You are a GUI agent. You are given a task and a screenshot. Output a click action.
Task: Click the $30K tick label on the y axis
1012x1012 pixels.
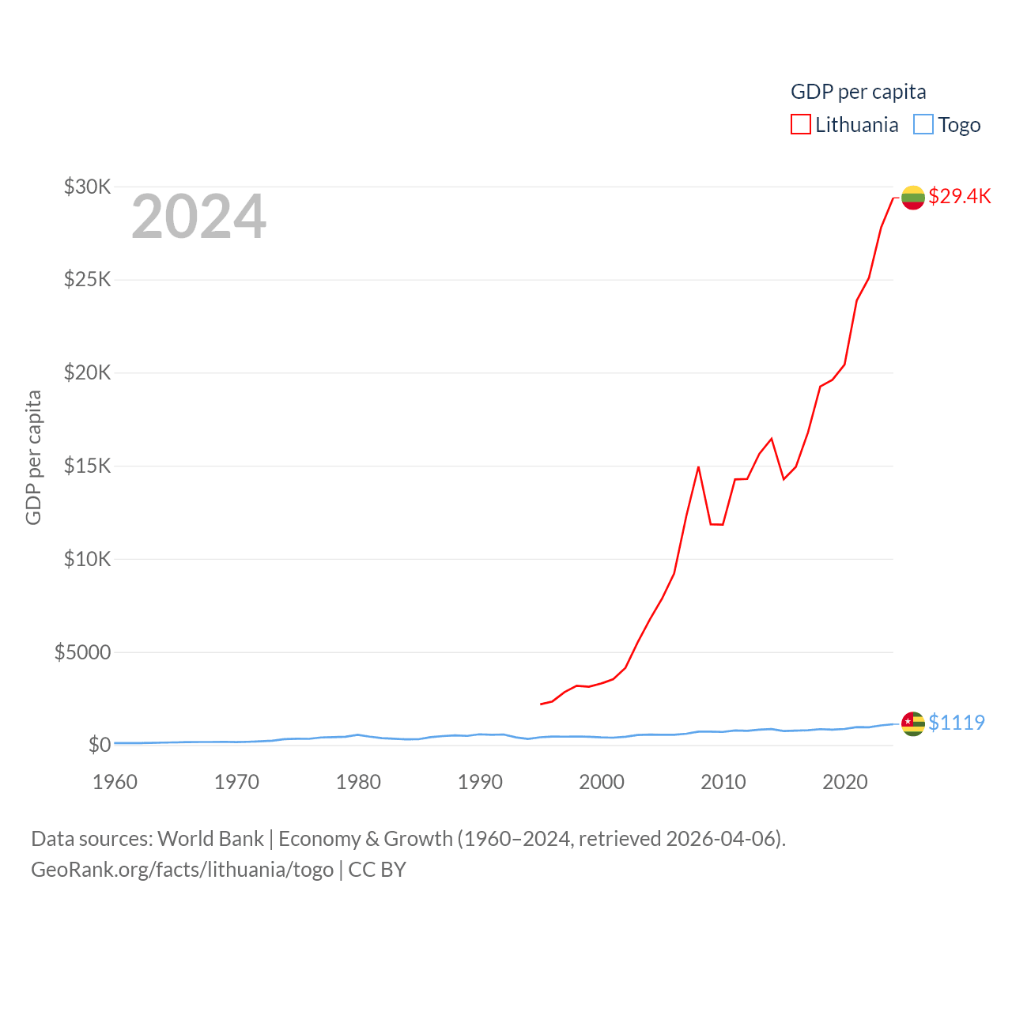pyautogui.click(x=87, y=187)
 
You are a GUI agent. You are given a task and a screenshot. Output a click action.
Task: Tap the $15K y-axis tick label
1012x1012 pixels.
pyautogui.click(x=87, y=466)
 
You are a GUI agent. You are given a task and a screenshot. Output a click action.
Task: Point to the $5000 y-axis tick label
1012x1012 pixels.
pyautogui.click(x=82, y=652)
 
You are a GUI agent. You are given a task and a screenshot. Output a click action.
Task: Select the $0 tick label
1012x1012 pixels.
pyautogui.click(x=99, y=745)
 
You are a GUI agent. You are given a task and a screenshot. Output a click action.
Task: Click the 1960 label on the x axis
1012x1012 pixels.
pyautogui.click(x=115, y=782)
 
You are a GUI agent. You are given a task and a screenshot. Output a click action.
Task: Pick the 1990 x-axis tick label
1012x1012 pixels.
pyautogui.click(x=480, y=782)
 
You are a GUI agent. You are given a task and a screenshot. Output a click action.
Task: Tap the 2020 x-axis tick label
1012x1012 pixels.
pyautogui.click(x=845, y=782)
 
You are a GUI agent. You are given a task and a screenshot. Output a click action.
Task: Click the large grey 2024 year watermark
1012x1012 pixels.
pyautogui.click(x=198, y=217)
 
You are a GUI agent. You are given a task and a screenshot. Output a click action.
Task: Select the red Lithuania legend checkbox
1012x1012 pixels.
pyautogui.click(x=801, y=125)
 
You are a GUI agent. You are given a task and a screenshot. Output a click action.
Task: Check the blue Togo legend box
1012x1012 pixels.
pyautogui.click(x=923, y=125)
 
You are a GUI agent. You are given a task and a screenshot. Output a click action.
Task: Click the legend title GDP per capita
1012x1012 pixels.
pyautogui.click(x=858, y=92)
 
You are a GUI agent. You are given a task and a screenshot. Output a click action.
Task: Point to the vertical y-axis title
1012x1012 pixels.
pyautogui.click(x=33, y=457)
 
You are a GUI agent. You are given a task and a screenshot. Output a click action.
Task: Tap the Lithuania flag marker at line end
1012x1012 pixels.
pyautogui.click(x=913, y=197)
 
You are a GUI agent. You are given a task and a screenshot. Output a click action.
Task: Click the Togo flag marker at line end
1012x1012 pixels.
pyautogui.click(x=913, y=723)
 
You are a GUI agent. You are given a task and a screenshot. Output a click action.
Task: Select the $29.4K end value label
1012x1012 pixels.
pyautogui.click(x=959, y=196)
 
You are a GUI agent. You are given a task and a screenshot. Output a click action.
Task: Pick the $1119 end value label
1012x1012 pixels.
pyautogui.click(x=957, y=723)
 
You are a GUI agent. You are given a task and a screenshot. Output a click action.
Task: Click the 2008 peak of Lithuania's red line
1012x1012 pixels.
pyautogui.click(x=698, y=467)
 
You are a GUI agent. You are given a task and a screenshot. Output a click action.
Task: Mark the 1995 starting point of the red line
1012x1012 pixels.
pyautogui.click(x=541, y=704)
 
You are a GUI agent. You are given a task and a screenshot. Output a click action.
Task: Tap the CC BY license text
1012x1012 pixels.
pyautogui.click(x=377, y=870)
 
